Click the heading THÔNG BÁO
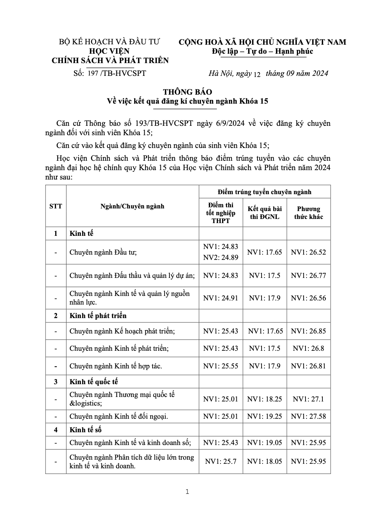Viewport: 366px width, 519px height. [188, 92]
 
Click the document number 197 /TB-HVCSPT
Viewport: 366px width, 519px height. [116, 73]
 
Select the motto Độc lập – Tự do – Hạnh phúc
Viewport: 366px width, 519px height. [262, 51]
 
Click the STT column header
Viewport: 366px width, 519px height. [56, 206]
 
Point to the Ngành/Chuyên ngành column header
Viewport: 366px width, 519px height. [132, 206]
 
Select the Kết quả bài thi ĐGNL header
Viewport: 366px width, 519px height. [265, 213]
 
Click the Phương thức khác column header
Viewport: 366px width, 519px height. [309, 213]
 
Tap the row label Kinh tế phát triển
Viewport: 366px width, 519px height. [98, 316]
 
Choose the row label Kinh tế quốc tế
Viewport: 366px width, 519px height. [94, 382]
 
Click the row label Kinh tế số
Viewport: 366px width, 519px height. [86, 430]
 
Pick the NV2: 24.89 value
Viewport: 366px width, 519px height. [221, 257]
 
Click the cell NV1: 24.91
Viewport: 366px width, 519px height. [221, 298]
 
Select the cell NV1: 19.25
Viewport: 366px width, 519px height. [265, 416]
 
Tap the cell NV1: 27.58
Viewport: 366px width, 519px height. [309, 416]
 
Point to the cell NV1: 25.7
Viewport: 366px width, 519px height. [221, 461]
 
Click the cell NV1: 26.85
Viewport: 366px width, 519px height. [309, 331]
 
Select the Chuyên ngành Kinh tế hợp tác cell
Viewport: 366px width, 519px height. [116, 366]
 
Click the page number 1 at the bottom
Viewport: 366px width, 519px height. [187, 492]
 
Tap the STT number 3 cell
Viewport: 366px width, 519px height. [56, 382]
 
